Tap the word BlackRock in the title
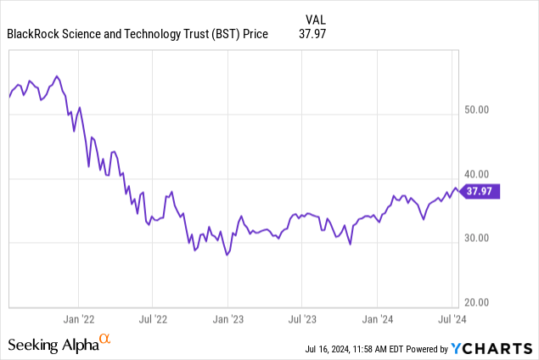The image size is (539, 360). click(32, 34)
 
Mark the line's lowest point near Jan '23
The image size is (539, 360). click(227, 255)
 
